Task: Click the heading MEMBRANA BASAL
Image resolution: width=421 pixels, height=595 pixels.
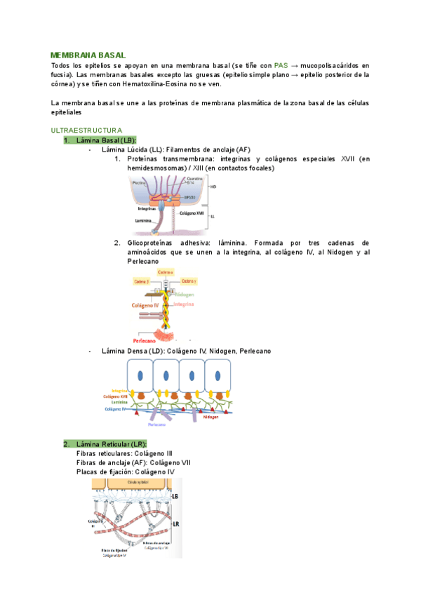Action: pyautogui.click(x=88, y=55)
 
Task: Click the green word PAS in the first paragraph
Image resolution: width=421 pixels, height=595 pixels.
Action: pyautogui.click(x=281, y=65)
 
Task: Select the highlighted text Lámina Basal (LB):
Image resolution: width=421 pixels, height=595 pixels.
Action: pyautogui.click(x=106, y=140)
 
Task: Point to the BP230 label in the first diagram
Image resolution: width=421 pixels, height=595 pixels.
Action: pyautogui.click(x=189, y=198)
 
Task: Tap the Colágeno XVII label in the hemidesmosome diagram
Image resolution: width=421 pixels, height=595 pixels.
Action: pyautogui.click(x=192, y=213)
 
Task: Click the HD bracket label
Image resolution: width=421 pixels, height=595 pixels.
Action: pyautogui.click(x=213, y=187)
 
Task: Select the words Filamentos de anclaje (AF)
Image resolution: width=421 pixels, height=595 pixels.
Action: pyautogui.click(x=209, y=149)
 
